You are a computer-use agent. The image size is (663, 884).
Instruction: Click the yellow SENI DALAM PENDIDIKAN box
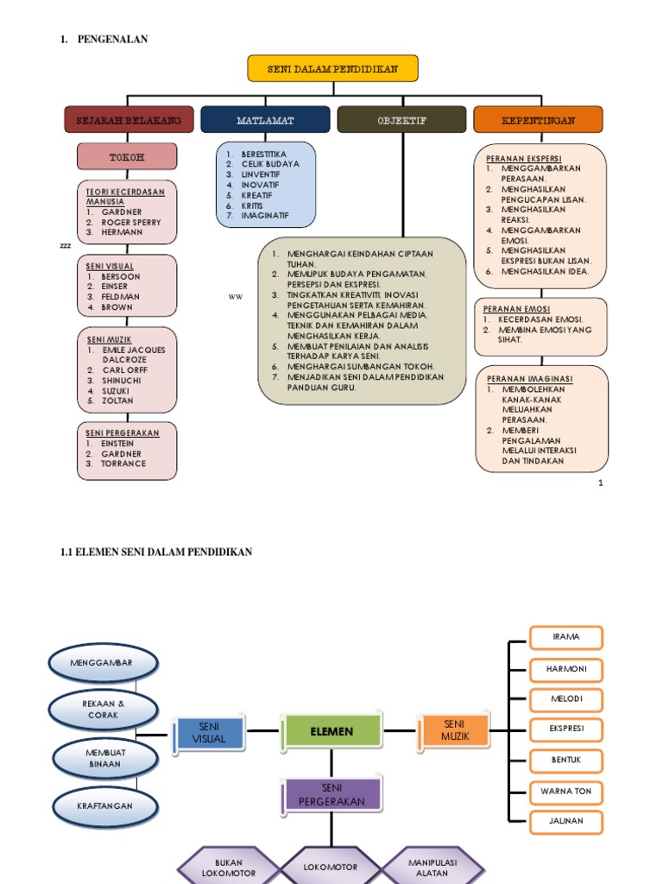[332, 69]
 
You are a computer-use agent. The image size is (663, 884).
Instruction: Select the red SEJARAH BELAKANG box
[129, 120]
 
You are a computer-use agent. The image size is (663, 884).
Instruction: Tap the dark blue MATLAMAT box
[265, 120]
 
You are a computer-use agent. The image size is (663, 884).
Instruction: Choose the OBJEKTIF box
[401, 120]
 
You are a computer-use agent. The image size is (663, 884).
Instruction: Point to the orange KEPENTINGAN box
[538, 120]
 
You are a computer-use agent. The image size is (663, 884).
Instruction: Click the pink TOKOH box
[127, 157]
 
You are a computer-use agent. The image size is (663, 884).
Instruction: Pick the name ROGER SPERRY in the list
[131, 223]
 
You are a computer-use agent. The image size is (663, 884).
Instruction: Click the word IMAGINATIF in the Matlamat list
[266, 215]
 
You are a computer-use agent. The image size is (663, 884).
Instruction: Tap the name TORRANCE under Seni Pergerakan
[123, 464]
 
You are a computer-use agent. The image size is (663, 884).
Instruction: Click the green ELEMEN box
[332, 731]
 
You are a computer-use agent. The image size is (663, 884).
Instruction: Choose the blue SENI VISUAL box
[209, 733]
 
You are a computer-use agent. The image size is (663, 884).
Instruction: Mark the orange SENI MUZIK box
[455, 729]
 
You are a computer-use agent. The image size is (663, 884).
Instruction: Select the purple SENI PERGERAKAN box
[332, 795]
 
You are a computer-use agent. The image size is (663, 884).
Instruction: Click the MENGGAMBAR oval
[103, 663]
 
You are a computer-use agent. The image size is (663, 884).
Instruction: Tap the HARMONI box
[566, 669]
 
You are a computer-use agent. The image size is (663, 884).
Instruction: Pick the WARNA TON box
[566, 791]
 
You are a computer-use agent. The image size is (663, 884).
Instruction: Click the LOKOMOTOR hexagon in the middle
[331, 867]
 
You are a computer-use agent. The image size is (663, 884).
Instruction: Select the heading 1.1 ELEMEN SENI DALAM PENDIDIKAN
[156, 552]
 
